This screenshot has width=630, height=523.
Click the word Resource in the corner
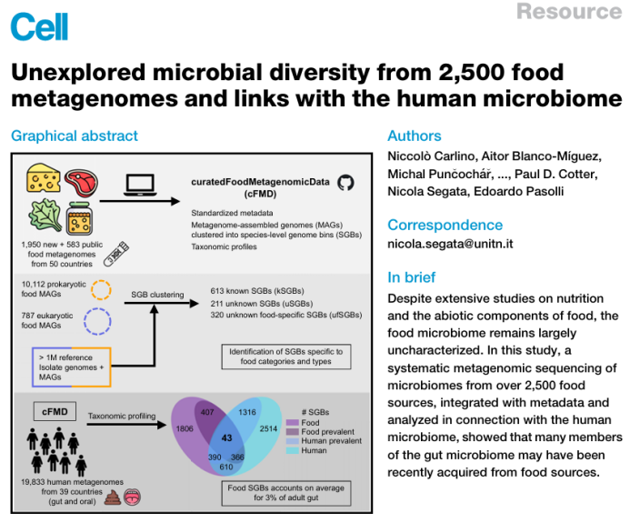coord(569,12)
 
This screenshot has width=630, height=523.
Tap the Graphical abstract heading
coord(75,136)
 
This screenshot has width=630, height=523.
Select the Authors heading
coord(414,136)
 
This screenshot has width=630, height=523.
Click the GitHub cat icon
coord(345,183)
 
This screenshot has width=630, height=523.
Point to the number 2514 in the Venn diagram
coord(269,428)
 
